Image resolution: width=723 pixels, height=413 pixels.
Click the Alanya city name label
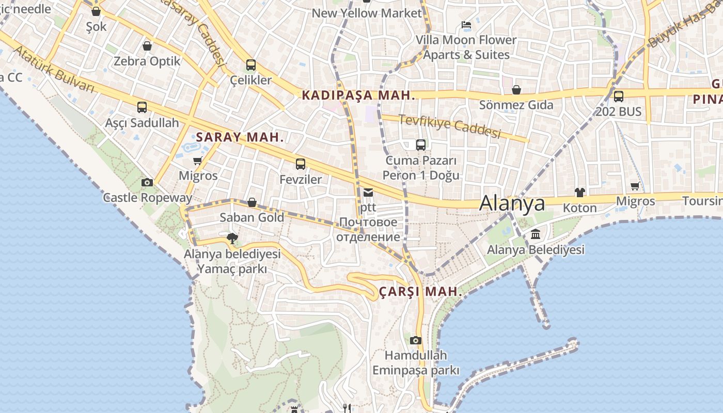point(512,203)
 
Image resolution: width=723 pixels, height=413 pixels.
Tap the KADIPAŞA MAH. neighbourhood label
point(358,95)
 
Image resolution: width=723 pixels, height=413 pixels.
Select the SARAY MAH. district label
point(240,137)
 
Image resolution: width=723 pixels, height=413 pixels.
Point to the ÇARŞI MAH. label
point(420,292)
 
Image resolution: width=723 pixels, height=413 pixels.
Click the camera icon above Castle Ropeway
point(147,182)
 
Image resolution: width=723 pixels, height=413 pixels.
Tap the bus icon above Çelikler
point(251,65)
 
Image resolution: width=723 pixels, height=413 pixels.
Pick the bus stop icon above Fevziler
point(301,164)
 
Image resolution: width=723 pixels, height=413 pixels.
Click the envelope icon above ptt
point(368,193)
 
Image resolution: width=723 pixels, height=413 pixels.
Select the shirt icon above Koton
point(580,193)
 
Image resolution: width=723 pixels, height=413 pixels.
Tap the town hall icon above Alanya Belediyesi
point(536,234)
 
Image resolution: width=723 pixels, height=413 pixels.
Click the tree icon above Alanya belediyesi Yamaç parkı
point(232,238)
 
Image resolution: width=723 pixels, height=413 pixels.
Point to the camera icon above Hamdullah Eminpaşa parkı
point(416,340)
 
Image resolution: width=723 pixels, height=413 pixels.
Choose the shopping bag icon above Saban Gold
point(252,202)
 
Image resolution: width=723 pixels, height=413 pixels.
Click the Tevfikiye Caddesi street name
point(450,126)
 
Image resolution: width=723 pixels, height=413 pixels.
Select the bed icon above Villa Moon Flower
point(466,25)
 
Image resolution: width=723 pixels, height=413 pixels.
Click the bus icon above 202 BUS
point(618,96)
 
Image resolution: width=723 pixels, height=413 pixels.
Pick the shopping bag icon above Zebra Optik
point(147,46)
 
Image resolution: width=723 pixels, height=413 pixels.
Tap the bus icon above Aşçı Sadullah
point(142,107)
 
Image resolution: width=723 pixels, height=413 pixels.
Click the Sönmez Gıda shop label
point(516,105)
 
